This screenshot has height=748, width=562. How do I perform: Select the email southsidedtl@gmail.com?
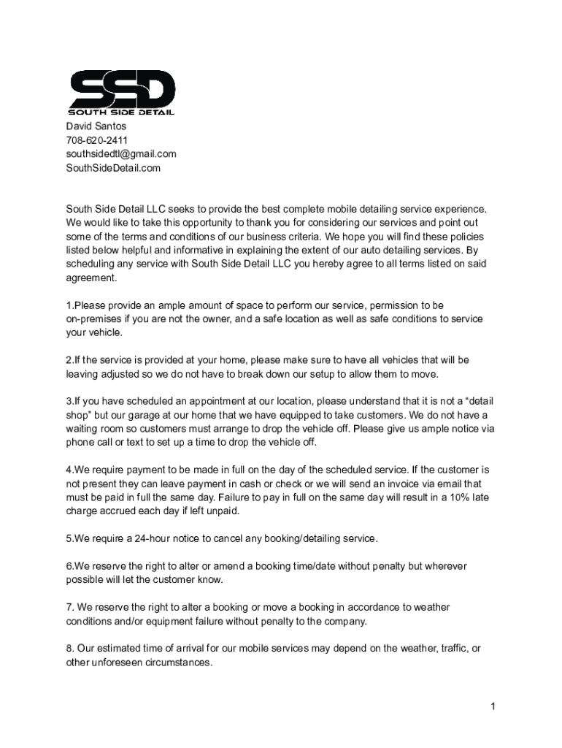[121, 153]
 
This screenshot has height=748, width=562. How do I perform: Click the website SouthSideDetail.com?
[113, 167]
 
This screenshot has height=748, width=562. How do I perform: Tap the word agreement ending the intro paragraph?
[91, 278]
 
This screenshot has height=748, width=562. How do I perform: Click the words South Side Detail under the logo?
[121, 112]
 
